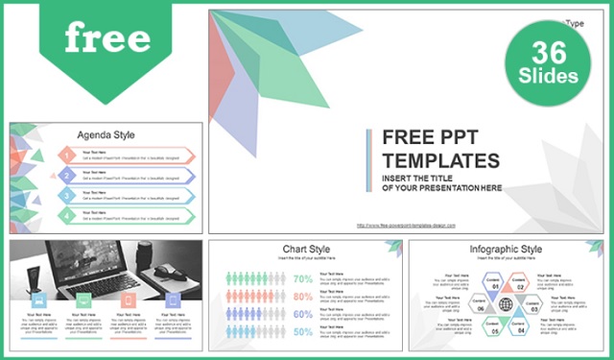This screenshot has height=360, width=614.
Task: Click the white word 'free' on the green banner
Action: [107, 37]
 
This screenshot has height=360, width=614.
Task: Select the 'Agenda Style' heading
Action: [106, 134]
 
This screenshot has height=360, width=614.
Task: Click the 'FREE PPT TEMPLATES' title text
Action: [441, 148]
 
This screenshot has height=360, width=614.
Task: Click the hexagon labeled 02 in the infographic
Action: [519, 285]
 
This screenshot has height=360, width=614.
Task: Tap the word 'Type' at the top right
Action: [575, 23]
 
